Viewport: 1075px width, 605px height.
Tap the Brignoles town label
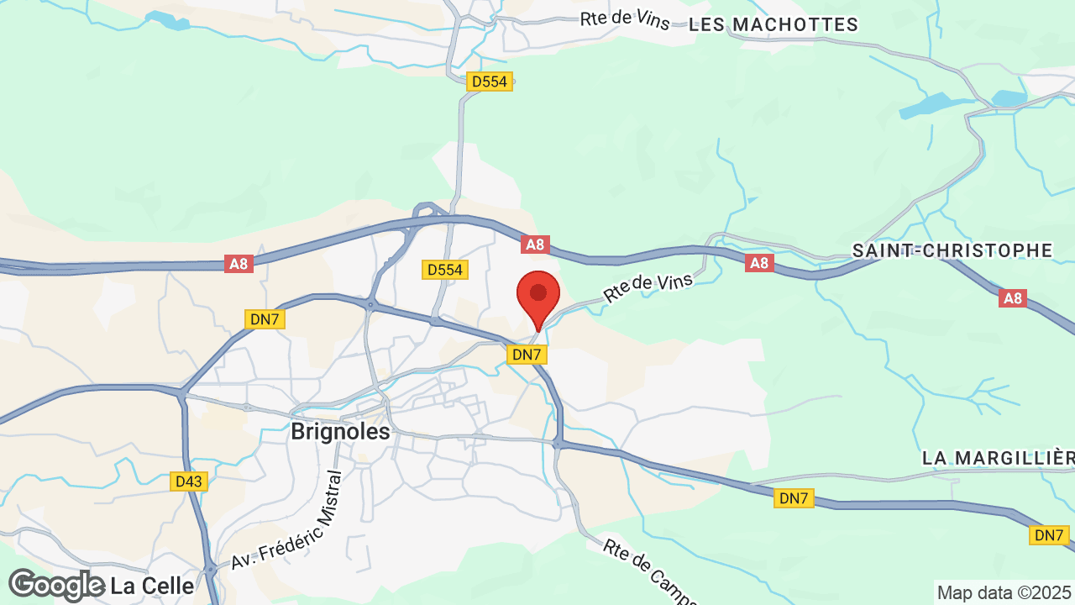tap(340, 432)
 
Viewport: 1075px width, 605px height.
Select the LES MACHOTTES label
tap(773, 25)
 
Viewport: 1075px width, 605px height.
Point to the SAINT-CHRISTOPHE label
tap(952, 250)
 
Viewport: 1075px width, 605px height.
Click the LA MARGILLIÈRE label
tap(999, 458)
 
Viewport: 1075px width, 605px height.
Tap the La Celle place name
tap(151, 585)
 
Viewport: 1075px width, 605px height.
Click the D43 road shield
tap(188, 481)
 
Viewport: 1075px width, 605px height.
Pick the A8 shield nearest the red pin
tap(535, 245)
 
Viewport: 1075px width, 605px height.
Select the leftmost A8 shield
tap(239, 264)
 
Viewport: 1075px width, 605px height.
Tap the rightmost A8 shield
tap(1014, 297)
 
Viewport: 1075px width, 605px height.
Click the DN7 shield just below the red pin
tap(527, 355)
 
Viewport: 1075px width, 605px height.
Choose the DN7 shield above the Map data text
tap(1049, 535)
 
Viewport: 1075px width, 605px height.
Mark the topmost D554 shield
tap(490, 82)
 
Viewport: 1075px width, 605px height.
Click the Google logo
tap(56, 585)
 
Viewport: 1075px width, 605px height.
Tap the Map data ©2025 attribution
tap(1004, 592)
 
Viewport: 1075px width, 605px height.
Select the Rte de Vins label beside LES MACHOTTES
tap(625, 19)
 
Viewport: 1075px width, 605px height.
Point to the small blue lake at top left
tap(168, 21)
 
